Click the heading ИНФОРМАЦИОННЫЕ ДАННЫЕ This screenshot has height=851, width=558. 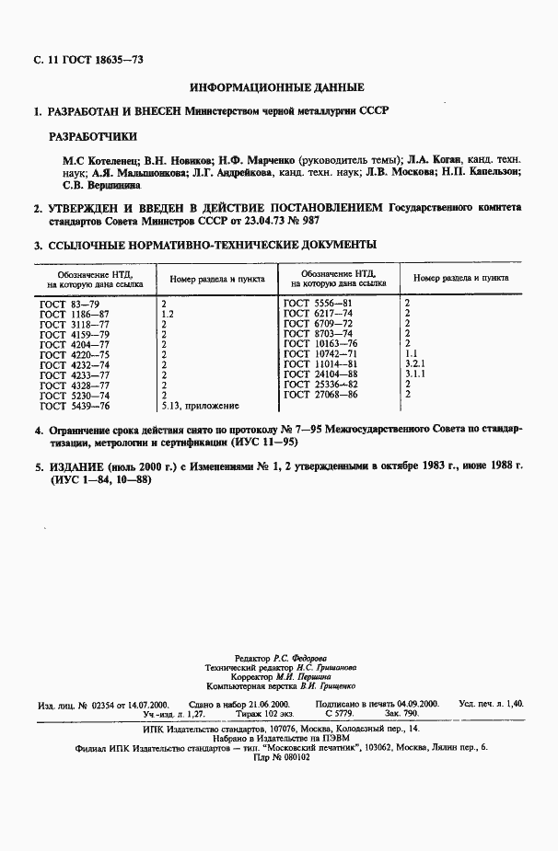[276, 87]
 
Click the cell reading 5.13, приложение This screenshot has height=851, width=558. [200, 405]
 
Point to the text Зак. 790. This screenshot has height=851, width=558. [401, 713]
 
